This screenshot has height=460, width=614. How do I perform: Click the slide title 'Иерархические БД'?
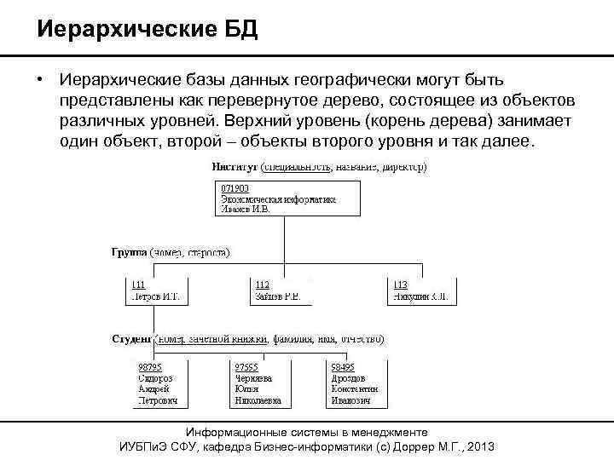click(147, 31)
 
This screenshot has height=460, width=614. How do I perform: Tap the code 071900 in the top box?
click(235, 188)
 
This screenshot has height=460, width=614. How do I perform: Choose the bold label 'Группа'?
click(130, 253)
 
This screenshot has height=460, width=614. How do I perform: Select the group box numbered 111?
click(158, 291)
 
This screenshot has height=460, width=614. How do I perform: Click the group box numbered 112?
click(282, 291)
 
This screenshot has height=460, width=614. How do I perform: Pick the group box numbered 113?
click(420, 291)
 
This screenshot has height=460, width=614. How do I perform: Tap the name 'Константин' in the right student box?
click(355, 389)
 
